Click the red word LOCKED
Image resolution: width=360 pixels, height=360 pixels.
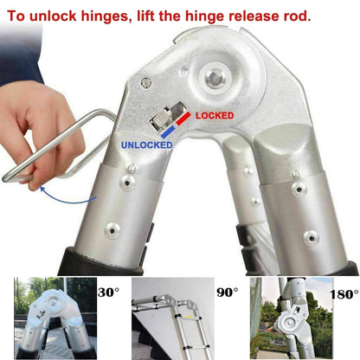(215, 116)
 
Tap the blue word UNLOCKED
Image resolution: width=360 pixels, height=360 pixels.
(146, 145)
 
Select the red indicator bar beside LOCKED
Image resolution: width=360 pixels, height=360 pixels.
(183, 119)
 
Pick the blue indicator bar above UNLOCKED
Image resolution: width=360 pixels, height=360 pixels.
(168, 132)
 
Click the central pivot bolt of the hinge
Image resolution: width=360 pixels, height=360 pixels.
(215, 77)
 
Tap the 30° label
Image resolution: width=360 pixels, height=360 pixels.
(108, 292)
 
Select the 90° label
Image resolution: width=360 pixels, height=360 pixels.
(228, 292)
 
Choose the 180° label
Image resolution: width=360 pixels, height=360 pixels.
(344, 294)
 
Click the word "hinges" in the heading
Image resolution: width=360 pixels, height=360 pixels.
(104, 16)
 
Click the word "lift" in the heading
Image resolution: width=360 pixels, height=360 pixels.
(145, 16)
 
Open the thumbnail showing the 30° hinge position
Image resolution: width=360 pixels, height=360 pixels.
(55, 318)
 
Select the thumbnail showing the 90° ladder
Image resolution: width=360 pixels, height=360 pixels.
(173, 318)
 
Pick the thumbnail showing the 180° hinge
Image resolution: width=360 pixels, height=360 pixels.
(292, 318)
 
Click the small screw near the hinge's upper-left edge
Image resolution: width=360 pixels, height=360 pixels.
(146, 83)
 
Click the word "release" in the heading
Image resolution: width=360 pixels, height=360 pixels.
(252, 16)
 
